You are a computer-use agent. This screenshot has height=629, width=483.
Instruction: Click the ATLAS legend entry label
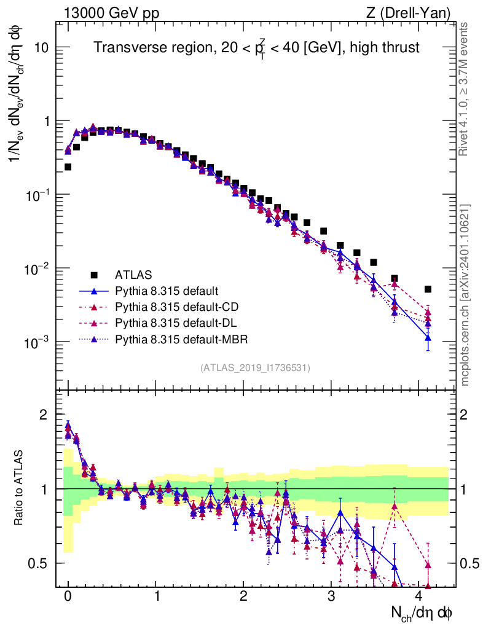click(x=133, y=274)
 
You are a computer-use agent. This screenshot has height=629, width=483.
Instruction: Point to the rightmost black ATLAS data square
click(x=428, y=289)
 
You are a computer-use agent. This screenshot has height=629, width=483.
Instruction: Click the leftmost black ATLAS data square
click(x=68, y=166)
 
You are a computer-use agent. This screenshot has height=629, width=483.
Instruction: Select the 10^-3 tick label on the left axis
click(x=37, y=342)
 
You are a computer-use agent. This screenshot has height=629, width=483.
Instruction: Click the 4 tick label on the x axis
click(x=419, y=596)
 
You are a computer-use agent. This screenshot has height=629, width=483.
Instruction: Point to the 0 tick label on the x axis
click(x=68, y=596)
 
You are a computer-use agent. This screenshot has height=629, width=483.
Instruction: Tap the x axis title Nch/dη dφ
click(x=422, y=612)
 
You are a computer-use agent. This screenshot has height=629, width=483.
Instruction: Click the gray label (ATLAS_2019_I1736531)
click(x=255, y=368)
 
